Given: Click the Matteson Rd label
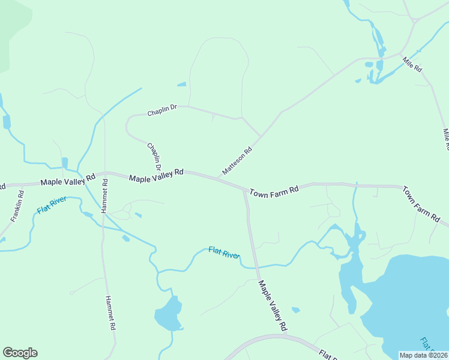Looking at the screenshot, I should pos(237,161).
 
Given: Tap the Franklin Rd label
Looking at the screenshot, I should pos(16,206).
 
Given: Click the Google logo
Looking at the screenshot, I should pos(20,353).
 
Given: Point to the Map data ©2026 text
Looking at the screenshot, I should pos(423,355).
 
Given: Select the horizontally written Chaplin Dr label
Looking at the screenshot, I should pos(163,110).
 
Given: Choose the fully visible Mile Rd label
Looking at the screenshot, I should pos(412,64).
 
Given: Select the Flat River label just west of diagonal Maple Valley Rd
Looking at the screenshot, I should pos(224,253).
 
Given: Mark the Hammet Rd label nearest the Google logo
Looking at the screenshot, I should pos(110,314).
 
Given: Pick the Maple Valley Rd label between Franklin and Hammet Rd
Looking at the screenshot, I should pos(68,179).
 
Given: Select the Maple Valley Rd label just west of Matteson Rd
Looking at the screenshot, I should pos(156,175).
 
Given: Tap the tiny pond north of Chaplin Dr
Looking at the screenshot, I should pos(181,85).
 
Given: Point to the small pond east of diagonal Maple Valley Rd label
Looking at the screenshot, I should pos(295,310).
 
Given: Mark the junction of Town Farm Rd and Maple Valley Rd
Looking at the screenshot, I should pos(244,190).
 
